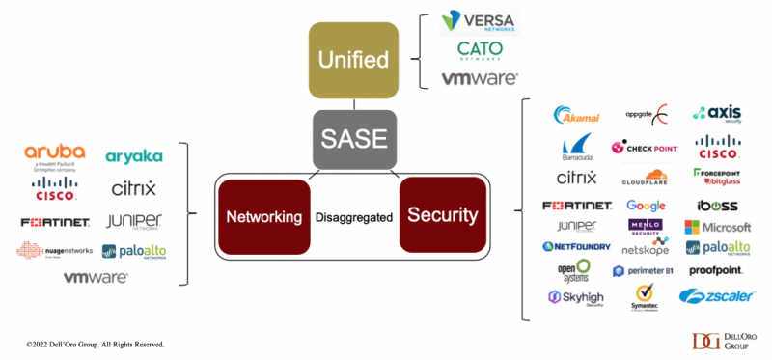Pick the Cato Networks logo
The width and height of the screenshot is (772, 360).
(x=479, y=51)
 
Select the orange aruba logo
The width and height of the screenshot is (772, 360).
(x=55, y=155)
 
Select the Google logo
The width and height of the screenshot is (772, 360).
(x=646, y=206)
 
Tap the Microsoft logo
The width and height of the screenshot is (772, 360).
(x=718, y=228)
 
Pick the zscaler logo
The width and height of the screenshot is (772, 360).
(x=716, y=296)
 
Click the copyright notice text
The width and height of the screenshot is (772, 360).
(x=95, y=344)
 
